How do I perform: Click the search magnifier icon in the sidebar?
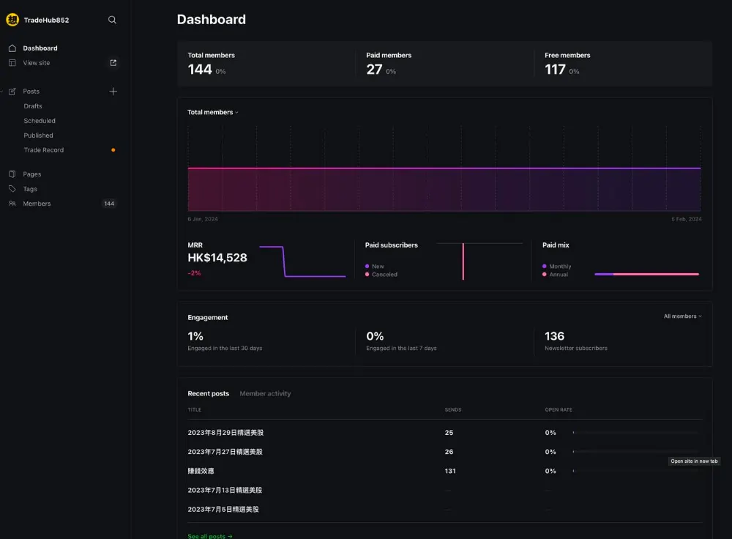pyautogui.click(x=112, y=20)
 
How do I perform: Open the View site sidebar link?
pyautogui.click(x=37, y=62)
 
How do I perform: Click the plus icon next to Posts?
pyautogui.click(x=113, y=91)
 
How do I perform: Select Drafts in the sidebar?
pyautogui.click(x=33, y=106)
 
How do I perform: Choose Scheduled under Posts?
pyautogui.click(x=40, y=121)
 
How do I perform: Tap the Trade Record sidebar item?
pyautogui.click(x=43, y=150)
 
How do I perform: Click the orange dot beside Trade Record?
pyautogui.click(x=113, y=150)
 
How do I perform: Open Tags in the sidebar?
pyautogui.click(x=30, y=189)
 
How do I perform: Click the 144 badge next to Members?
pyautogui.click(x=109, y=204)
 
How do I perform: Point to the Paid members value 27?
pyautogui.click(x=374, y=70)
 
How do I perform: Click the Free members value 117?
pyautogui.click(x=555, y=70)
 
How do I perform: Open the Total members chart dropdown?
pyautogui.click(x=213, y=112)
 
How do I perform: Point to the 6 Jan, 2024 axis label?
pyautogui.click(x=203, y=219)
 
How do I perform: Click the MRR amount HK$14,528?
pyautogui.click(x=217, y=257)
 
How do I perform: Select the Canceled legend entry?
pyautogui.click(x=381, y=274)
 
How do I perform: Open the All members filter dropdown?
pyautogui.click(x=682, y=316)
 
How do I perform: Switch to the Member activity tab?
pyautogui.click(x=265, y=394)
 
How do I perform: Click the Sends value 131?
pyautogui.click(x=450, y=471)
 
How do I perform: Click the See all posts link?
pyautogui.click(x=210, y=536)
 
